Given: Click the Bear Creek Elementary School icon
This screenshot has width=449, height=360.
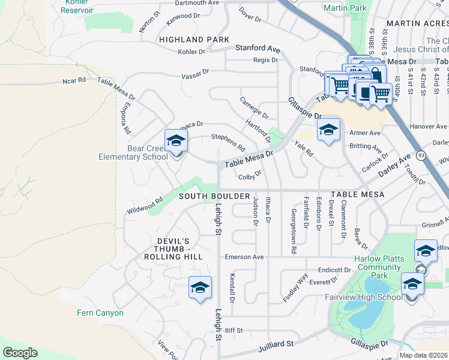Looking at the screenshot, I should pos(176,142).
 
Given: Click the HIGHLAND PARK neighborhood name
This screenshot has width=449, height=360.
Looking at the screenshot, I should pos(194,40).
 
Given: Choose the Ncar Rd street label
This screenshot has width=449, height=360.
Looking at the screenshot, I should pos(74,80).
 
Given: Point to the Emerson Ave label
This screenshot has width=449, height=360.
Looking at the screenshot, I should pos(244,257).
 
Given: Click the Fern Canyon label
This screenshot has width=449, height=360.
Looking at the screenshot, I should pos(100,313).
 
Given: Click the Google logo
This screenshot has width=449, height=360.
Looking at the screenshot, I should pos(20,353).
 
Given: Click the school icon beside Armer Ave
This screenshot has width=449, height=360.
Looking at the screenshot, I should pos(328,130).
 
